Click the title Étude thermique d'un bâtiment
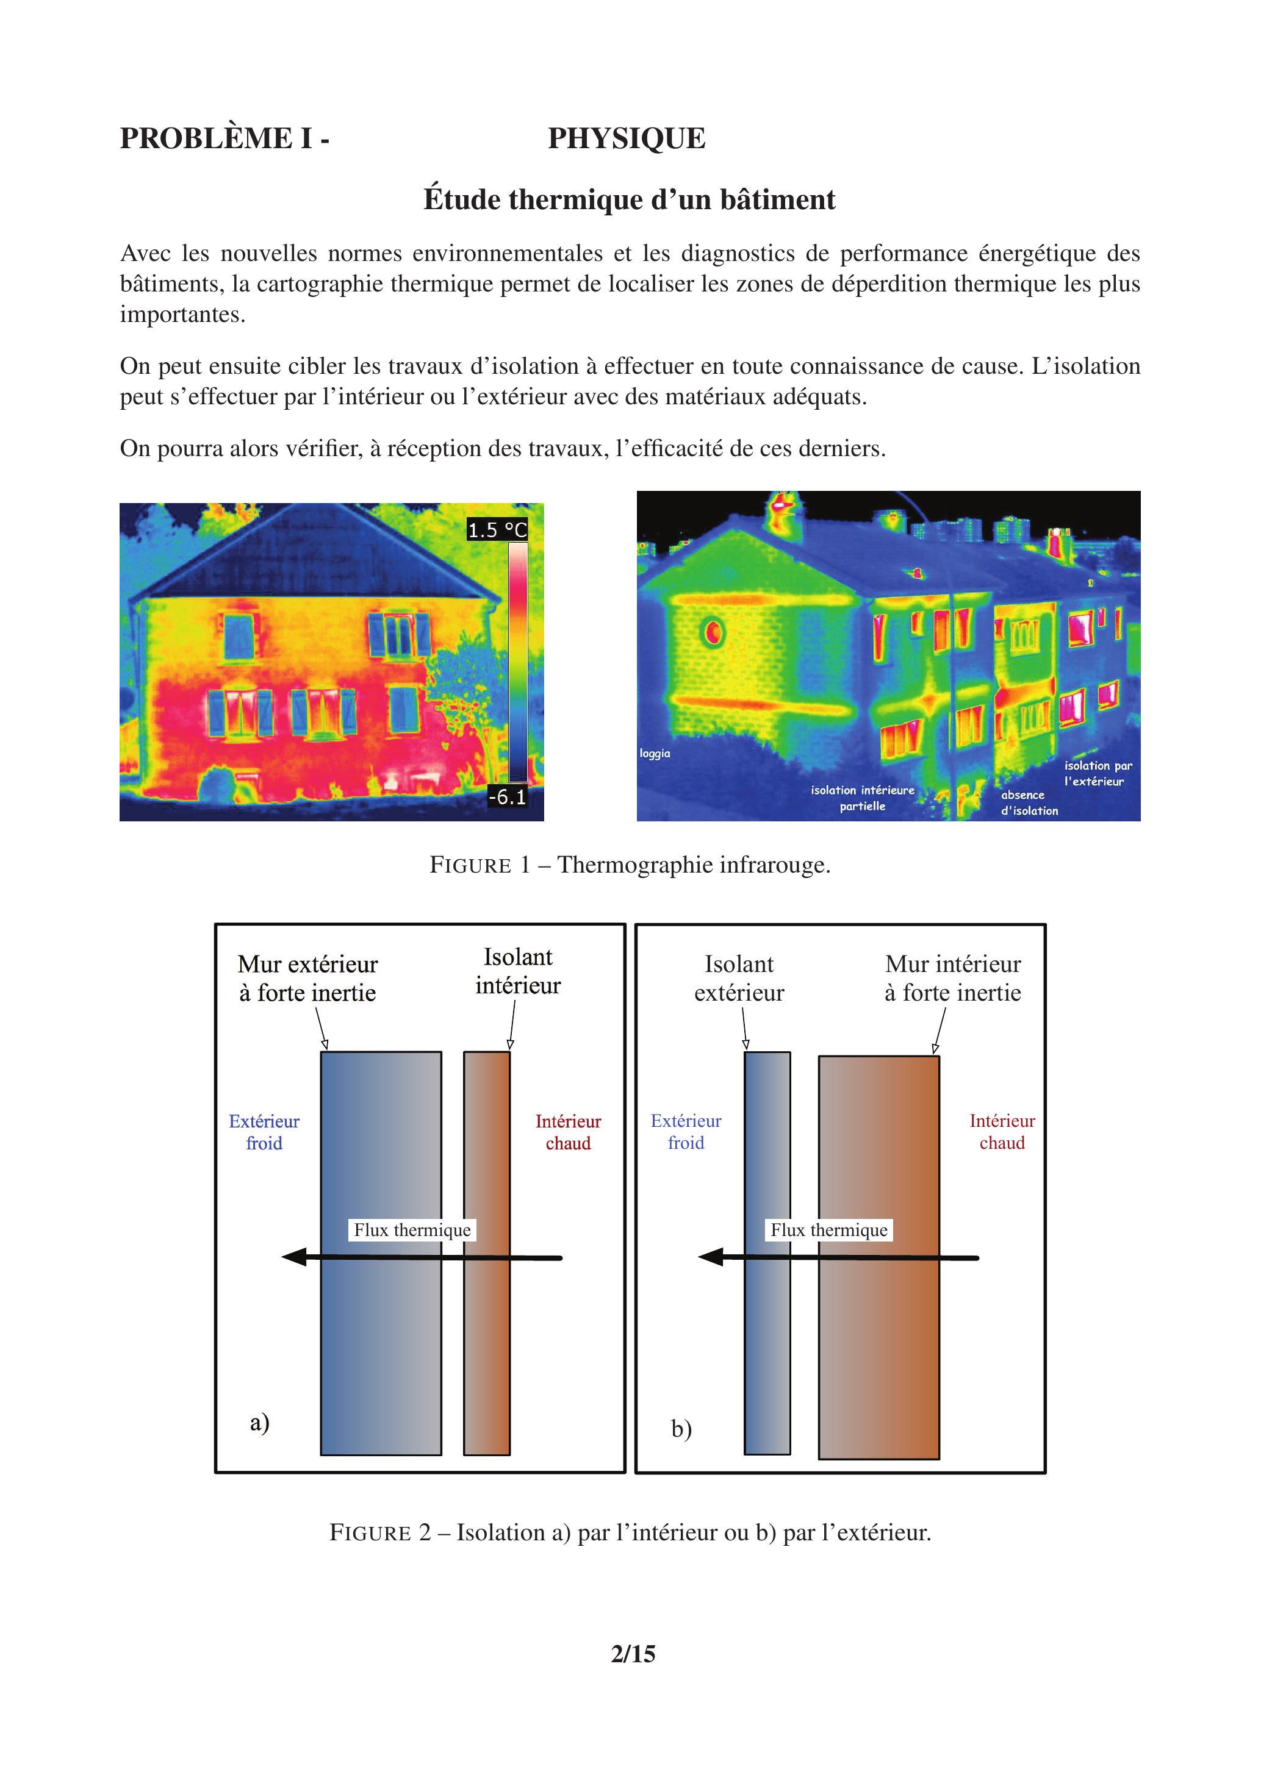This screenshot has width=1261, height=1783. (x=630, y=199)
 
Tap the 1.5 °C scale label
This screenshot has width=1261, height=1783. (x=497, y=531)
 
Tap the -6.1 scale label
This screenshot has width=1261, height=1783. (x=506, y=797)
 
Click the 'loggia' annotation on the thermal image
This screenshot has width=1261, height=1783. (x=655, y=753)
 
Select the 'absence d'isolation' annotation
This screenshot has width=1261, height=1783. (x=1029, y=803)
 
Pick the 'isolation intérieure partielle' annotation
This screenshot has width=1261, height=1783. (x=863, y=798)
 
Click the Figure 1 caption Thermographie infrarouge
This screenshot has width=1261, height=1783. (x=630, y=865)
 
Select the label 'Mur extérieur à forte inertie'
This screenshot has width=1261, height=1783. (x=307, y=979)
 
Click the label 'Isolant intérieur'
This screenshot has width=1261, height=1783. (x=517, y=971)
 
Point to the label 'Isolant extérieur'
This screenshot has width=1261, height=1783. (x=739, y=979)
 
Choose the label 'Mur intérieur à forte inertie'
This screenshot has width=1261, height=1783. (x=952, y=979)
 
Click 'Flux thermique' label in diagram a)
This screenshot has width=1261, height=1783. (x=412, y=1230)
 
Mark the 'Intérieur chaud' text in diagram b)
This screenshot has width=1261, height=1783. (x=1002, y=1132)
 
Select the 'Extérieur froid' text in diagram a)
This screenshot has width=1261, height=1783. (x=264, y=1132)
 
